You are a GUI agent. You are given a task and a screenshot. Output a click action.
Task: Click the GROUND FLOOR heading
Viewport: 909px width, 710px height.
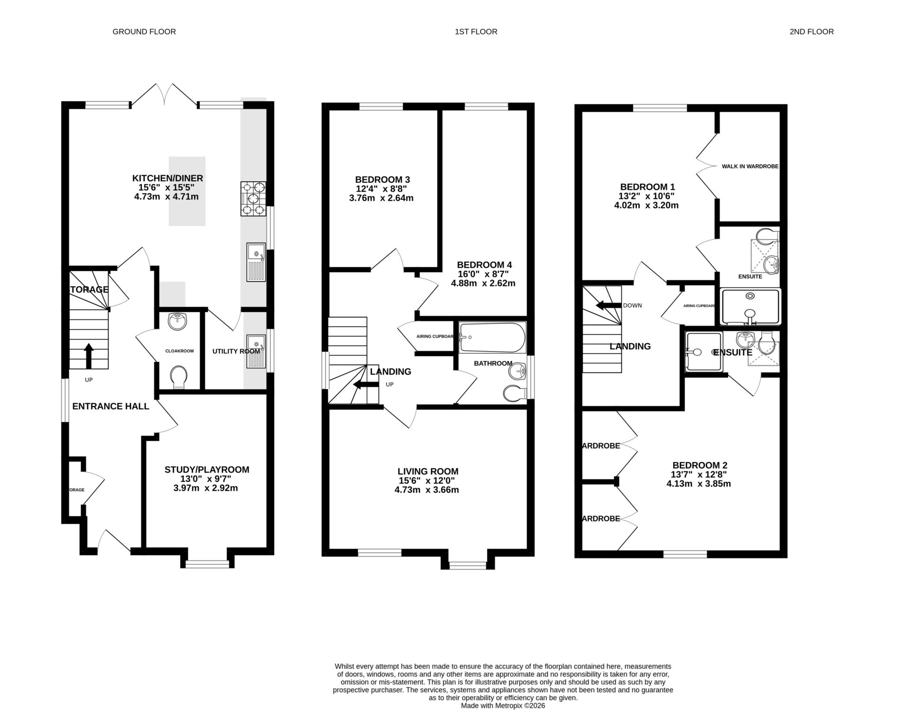point(144,32)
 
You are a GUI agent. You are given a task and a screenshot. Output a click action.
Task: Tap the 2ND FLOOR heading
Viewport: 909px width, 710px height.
point(811,32)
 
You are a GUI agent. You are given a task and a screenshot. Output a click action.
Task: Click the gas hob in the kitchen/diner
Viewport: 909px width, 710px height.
point(253,199)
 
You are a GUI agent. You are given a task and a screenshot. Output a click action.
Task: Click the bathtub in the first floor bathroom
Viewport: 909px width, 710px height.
point(492,337)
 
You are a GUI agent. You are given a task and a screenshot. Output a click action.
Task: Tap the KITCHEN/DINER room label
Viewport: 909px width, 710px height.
point(167,178)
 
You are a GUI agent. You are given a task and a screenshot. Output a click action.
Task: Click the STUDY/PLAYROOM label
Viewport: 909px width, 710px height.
point(206,470)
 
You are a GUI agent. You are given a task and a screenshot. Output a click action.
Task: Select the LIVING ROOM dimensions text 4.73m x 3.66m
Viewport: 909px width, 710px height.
point(427,490)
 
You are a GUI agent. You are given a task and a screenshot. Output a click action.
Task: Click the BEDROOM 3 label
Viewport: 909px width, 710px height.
point(382,179)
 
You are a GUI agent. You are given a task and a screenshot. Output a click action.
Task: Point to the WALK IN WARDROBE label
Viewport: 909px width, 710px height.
point(750,167)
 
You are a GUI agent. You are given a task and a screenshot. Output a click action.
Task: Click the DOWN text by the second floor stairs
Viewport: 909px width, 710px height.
point(632,305)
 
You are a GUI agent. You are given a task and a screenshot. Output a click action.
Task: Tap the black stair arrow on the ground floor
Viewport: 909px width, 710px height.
point(89,355)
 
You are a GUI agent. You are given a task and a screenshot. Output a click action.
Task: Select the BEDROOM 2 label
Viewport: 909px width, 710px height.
point(699,465)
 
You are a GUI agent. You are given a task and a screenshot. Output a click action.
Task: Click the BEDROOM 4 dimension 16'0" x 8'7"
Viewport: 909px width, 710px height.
point(483,274)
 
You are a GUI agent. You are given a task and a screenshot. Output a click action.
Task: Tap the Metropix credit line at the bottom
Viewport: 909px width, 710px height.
point(503,705)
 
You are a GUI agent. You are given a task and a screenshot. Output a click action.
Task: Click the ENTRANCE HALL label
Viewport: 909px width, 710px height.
point(110,406)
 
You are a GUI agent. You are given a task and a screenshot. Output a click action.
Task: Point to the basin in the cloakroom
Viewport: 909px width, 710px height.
point(178,321)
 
